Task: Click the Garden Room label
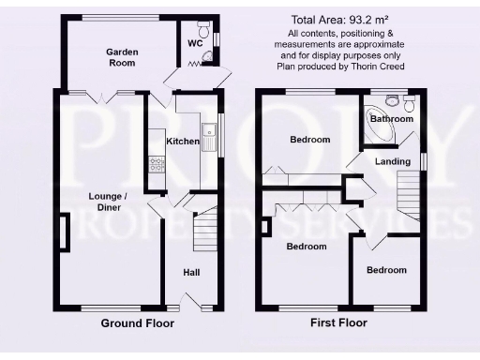click(x=120, y=57)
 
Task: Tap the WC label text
click(x=195, y=43)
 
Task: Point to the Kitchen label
click(x=182, y=142)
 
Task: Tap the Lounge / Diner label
click(x=108, y=202)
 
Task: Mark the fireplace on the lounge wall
click(x=64, y=232)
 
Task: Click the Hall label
click(x=191, y=273)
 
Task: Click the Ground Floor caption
click(x=137, y=323)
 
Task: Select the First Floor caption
click(x=338, y=323)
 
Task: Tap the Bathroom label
click(x=391, y=120)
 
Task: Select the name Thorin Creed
click(x=385, y=67)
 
